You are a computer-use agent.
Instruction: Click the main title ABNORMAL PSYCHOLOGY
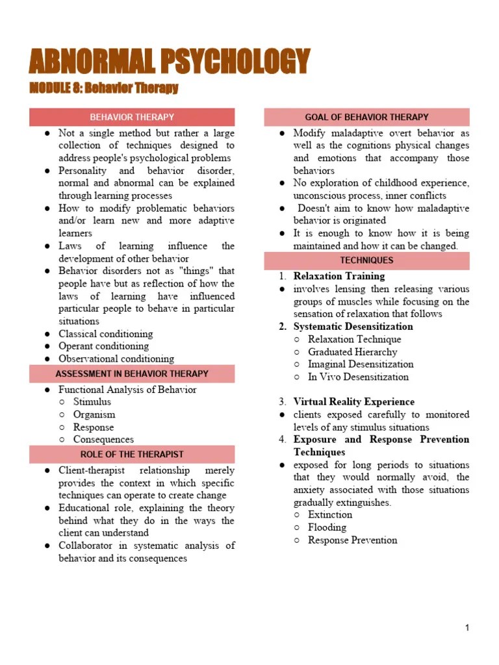[x=169, y=62]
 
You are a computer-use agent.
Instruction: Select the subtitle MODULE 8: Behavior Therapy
[x=104, y=88]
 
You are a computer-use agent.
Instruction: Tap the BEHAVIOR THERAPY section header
[x=132, y=118]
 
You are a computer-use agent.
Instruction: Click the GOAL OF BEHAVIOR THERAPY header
[x=366, y=118]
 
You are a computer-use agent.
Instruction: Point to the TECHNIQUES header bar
[x=366, y=260]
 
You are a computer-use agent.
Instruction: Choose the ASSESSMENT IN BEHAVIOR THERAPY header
[x=132, y=374]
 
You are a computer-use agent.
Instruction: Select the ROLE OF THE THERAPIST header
[x=132, y=455]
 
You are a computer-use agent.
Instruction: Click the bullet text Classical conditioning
[x=105, y=334]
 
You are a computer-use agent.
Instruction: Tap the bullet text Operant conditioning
[x=103, y=346]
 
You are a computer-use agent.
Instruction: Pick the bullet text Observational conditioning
[x=116, y=358]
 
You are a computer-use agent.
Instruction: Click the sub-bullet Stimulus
[x=92, y=402]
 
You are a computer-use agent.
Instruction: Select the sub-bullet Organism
[x=94, y=414]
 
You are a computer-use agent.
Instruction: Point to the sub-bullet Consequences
[x=103, y=440]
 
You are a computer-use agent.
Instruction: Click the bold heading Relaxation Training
[x=339, y=276]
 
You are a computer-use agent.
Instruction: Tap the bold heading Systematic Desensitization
[x=353, y=327]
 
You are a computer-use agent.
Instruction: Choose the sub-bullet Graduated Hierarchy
[x=352, y=352]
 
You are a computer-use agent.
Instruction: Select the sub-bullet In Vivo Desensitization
[x=358, y=377]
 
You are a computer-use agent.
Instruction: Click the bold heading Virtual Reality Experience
[x=353, y=402]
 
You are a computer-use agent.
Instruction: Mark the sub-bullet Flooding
[x=327, y=527]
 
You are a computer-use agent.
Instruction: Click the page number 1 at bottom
[x=467, y=627]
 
